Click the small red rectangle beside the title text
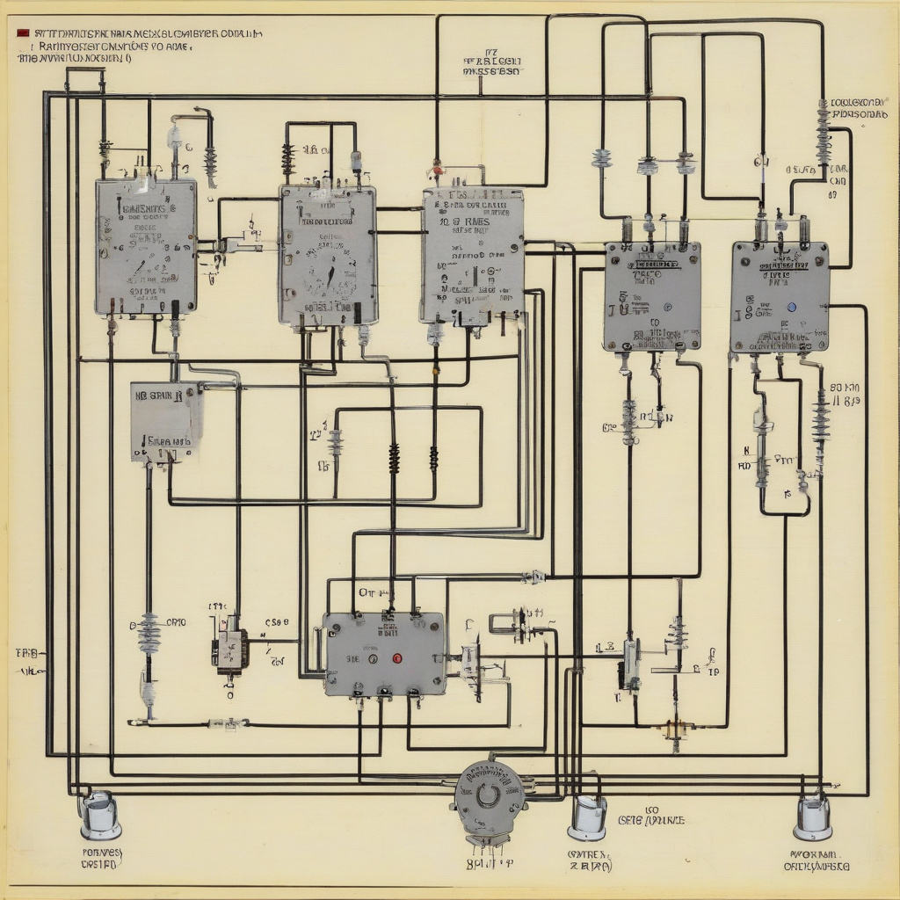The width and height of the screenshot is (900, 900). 21,33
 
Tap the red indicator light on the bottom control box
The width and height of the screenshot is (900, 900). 396,657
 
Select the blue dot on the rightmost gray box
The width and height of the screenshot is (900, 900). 792,308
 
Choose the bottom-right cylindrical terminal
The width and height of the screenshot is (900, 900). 812,816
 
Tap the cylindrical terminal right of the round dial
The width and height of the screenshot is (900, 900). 586,817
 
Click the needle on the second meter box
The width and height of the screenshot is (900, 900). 330,278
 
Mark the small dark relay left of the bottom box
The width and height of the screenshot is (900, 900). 230,651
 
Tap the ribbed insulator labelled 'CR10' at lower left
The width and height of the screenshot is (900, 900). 149,633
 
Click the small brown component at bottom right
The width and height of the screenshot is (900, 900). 676,729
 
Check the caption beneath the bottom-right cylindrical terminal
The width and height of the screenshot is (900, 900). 817,859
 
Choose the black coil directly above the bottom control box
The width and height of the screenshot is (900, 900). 394,458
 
